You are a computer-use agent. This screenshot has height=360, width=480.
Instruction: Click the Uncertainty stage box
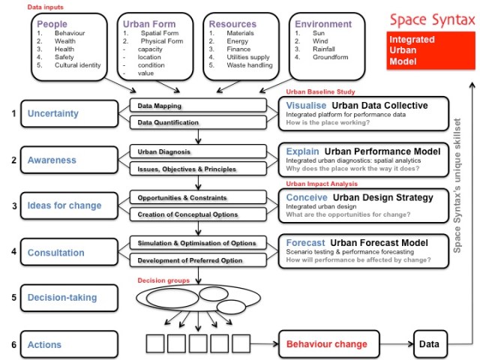[67, 114]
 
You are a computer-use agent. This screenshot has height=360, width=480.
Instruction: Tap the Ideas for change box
[67, 206]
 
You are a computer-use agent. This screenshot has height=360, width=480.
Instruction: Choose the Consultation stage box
[67, 253]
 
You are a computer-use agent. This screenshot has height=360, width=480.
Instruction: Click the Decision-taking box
[67, 297]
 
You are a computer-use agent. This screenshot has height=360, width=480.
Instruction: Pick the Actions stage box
[67, 344]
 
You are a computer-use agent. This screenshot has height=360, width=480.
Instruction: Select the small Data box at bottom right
[430, 344]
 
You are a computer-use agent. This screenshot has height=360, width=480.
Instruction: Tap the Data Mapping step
[196, 106]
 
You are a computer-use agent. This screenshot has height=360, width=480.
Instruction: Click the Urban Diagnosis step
[196, 152]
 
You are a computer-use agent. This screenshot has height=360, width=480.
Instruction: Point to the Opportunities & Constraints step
[196, 199]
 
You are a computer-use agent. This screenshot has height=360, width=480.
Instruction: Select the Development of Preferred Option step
[196, 260]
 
